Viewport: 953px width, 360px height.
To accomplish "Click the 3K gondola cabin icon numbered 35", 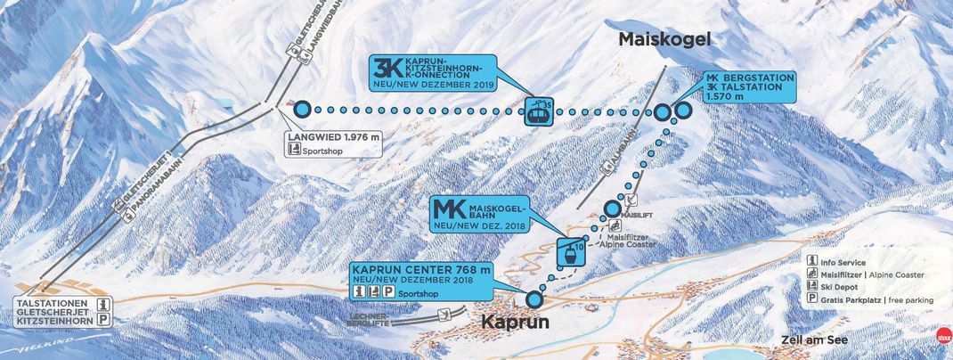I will point(538,110).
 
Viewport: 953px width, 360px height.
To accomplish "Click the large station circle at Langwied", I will point(302,110).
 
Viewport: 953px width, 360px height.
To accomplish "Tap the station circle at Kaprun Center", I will point(534,299).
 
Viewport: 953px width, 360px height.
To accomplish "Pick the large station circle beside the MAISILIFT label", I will point(612,209).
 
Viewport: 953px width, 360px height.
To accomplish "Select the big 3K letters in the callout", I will point(388,69).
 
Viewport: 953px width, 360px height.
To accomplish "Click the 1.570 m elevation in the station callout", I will point(727,97).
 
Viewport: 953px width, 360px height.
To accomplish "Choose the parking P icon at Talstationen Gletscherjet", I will point(103,320).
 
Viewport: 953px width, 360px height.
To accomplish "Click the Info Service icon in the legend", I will point(812,262).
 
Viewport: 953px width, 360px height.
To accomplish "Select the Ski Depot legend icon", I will point(812,288).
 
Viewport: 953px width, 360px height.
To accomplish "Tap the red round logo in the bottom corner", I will point(941,340).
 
